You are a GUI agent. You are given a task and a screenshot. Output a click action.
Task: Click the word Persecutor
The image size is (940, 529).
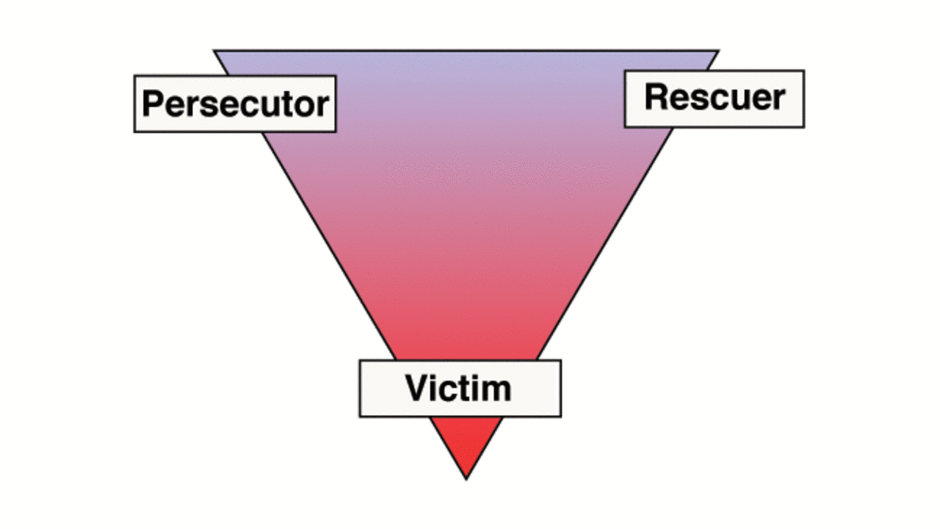(236, 104)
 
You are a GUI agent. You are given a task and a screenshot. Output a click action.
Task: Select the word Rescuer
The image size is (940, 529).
(715, 97)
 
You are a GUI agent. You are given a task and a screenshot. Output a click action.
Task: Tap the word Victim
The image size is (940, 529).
(458, 387)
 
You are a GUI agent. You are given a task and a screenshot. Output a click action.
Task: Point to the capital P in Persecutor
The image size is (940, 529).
(152, 104)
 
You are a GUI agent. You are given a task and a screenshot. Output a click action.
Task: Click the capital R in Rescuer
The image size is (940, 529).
(656, 97)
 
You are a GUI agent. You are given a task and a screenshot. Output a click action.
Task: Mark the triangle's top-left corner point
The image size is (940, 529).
(214, 51)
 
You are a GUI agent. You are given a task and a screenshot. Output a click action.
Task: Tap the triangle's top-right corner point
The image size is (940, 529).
(719, 51)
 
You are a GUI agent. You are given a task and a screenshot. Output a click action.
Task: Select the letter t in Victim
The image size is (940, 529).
(466, 389)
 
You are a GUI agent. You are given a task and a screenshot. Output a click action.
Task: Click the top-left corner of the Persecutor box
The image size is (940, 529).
(134, 76)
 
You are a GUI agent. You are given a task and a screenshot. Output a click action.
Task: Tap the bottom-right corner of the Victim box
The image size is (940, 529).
(561, 417)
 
